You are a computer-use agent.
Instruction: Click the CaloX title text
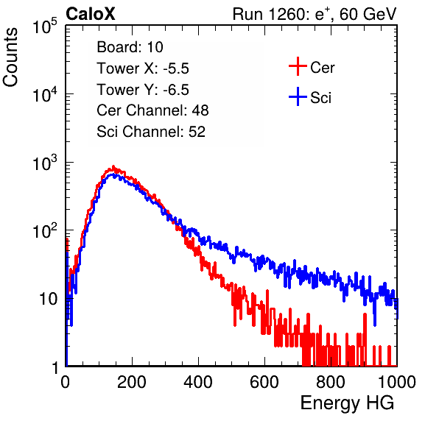click(x=91, y=14)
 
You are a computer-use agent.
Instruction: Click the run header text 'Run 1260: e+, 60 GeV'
click(x=315, y=14)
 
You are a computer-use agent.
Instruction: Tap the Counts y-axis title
click(x=10, y=57)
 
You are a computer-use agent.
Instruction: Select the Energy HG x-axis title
click(x=347, y=403)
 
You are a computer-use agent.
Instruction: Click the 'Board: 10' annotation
click(x=130, y=47)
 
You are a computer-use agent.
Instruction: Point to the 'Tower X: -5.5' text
click(x=143, y=68)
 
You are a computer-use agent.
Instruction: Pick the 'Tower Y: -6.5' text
click(x=143, y=90)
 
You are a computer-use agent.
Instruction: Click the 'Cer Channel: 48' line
click(x=152, y=110)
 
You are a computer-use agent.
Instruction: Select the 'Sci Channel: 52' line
click(x=151, y=132)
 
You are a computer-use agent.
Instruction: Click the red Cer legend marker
click(x=298, y=66)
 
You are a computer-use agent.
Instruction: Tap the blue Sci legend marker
click(x=298, y=97)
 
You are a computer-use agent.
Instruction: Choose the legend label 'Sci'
click(x=320, y=98)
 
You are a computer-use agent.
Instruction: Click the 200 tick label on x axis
click(x=132, y=382)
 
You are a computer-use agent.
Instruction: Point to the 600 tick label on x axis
click(x=264, y=382)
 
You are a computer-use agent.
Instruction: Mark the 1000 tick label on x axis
click(x=397, y=382)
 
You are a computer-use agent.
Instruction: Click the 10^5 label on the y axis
click(x=45, y=26)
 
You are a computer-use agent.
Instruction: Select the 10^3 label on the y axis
click(x=45, y=163)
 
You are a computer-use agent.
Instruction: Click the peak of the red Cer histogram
click(x=113, y=167)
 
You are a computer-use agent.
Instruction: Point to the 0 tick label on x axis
click(x=66, y=382)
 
